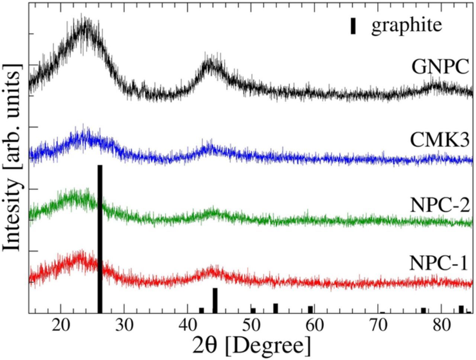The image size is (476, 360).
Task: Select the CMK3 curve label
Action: point(440,140)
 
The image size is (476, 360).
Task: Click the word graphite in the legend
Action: point(406,26)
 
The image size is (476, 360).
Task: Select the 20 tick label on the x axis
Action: point(60,327)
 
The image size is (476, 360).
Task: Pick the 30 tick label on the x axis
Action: point(124,327)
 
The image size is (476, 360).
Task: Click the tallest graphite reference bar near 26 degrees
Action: point(100,238)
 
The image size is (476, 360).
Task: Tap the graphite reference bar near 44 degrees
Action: point(215,300)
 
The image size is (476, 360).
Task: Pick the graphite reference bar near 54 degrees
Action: point(276,308)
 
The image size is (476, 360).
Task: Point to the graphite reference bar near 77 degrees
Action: point(423,310)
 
